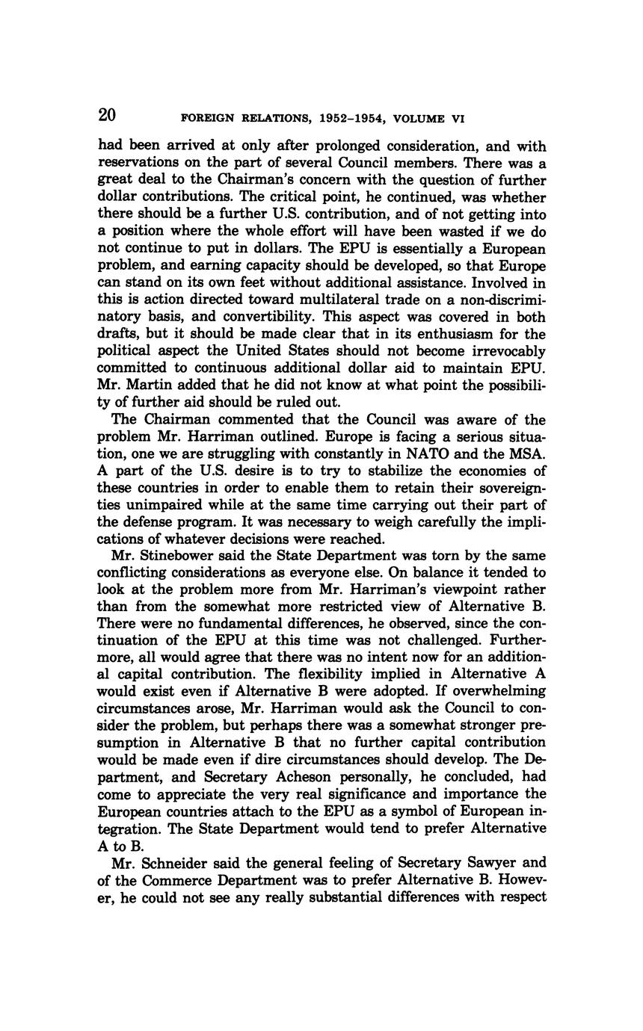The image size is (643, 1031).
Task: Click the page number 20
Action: [107, 115]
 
